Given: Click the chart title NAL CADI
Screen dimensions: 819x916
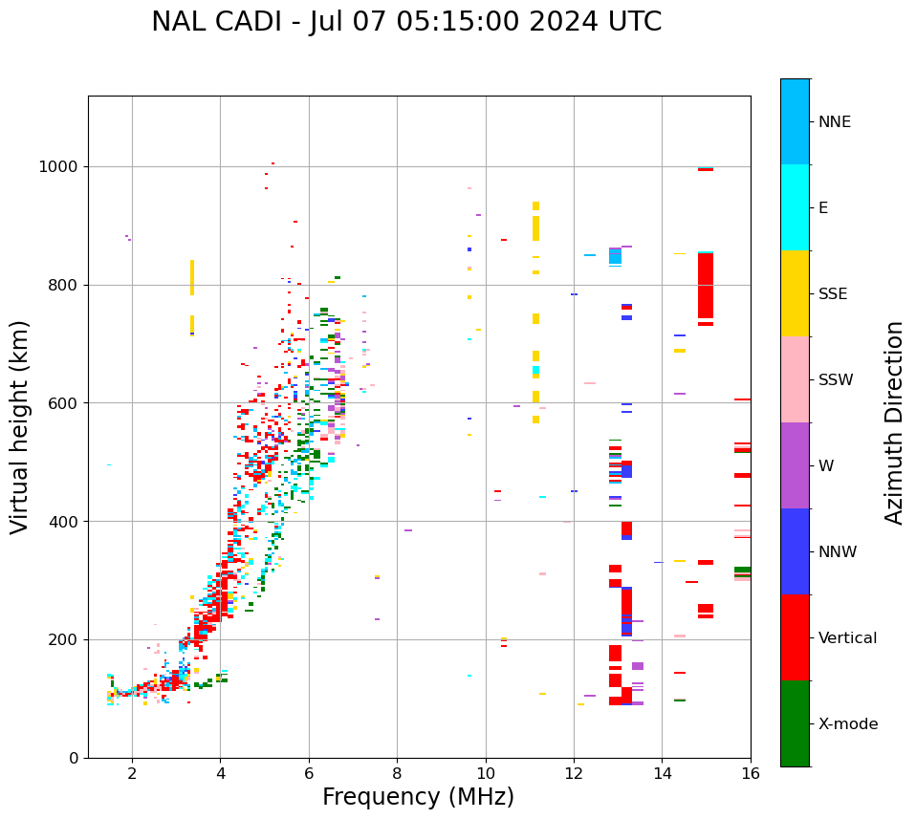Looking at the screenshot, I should coord(406,22).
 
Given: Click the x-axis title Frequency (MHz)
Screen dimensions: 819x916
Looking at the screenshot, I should coord(418,797).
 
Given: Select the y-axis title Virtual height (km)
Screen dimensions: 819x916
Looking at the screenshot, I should coord(20,426).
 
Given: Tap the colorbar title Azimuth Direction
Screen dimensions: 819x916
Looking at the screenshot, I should coord(894,421).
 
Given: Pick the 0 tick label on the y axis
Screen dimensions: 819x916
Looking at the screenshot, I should coord(74,758).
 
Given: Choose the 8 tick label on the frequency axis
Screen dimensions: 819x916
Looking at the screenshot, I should coord(398,773).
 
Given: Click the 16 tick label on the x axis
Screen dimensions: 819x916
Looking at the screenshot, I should coord(751,773).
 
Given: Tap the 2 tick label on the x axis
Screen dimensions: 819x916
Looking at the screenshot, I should coord(132,773).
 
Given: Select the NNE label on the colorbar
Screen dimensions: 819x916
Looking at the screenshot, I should coord(834,121).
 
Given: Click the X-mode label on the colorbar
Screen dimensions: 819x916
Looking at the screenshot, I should coord(847,723).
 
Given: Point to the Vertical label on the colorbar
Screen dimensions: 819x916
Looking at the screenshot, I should coord(847,637).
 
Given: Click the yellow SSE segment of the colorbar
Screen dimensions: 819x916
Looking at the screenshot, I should coord(795,293).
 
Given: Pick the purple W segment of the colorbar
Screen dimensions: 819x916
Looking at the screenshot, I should coord(795,465).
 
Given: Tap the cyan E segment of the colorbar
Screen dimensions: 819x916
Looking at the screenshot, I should coord(795,207).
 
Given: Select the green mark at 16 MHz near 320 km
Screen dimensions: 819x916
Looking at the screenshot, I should coord(742,571).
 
